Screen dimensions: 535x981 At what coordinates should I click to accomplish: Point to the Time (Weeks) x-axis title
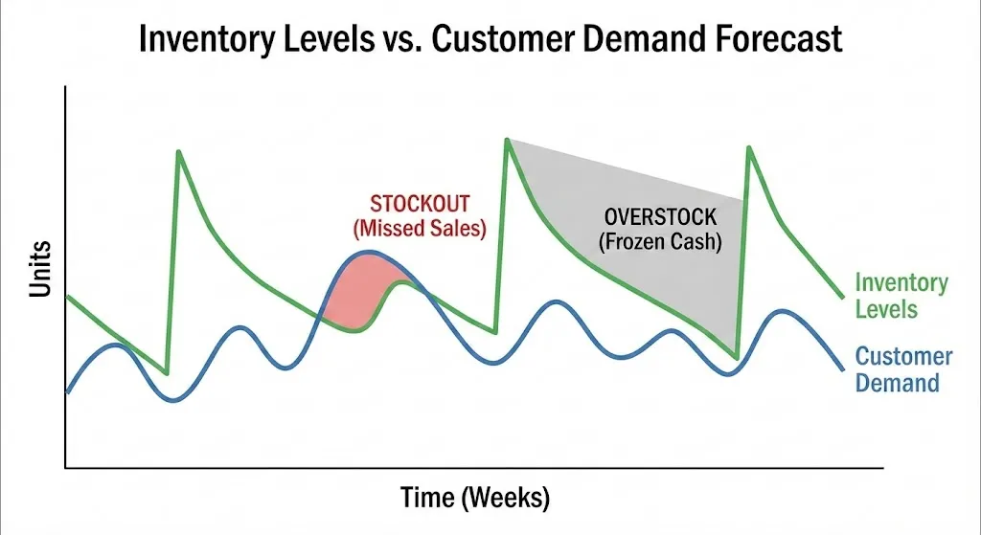click(x=474, y=499)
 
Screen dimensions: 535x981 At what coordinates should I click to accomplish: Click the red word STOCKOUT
click(x=420, y=204)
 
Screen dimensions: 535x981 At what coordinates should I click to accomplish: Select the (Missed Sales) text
click(x=420, y=229)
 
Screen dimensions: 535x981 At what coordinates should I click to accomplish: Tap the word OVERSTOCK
click(x=660, y=218)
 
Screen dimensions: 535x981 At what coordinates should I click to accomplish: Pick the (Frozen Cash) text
click(x=660, y=242)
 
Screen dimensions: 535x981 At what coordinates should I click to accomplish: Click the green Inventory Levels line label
click(x=901, y=296)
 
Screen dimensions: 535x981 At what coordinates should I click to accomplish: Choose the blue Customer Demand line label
click(x=902, y=370)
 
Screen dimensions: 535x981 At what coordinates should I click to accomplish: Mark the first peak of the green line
click(x=178, y=151)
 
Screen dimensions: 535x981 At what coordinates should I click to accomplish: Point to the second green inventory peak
click(x=505, y=140)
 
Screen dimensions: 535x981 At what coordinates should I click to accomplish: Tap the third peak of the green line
click(x=748, y=147)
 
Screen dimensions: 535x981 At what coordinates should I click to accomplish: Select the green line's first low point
click(x=168, y=373)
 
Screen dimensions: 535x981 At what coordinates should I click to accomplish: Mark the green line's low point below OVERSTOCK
click(x=736, y=357)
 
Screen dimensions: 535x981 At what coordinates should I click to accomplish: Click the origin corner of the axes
click(x=65, y=467)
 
